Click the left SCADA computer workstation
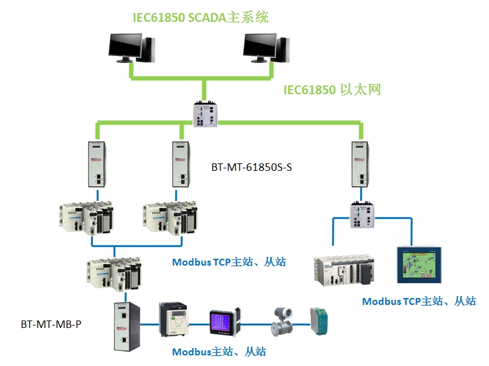[131, 47]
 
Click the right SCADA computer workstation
[266, 47]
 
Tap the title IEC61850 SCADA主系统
[201, 17]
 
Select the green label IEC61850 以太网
[332, 90]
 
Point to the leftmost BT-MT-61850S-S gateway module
[97, 163]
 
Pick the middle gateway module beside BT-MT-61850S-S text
[182, 163]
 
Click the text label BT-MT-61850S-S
[252, 167]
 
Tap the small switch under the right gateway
[362, 215]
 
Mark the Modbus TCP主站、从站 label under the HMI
[419, 301]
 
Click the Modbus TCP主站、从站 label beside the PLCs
[229, 262]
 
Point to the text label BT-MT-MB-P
[51, 325]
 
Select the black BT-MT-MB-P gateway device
[124, 325]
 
